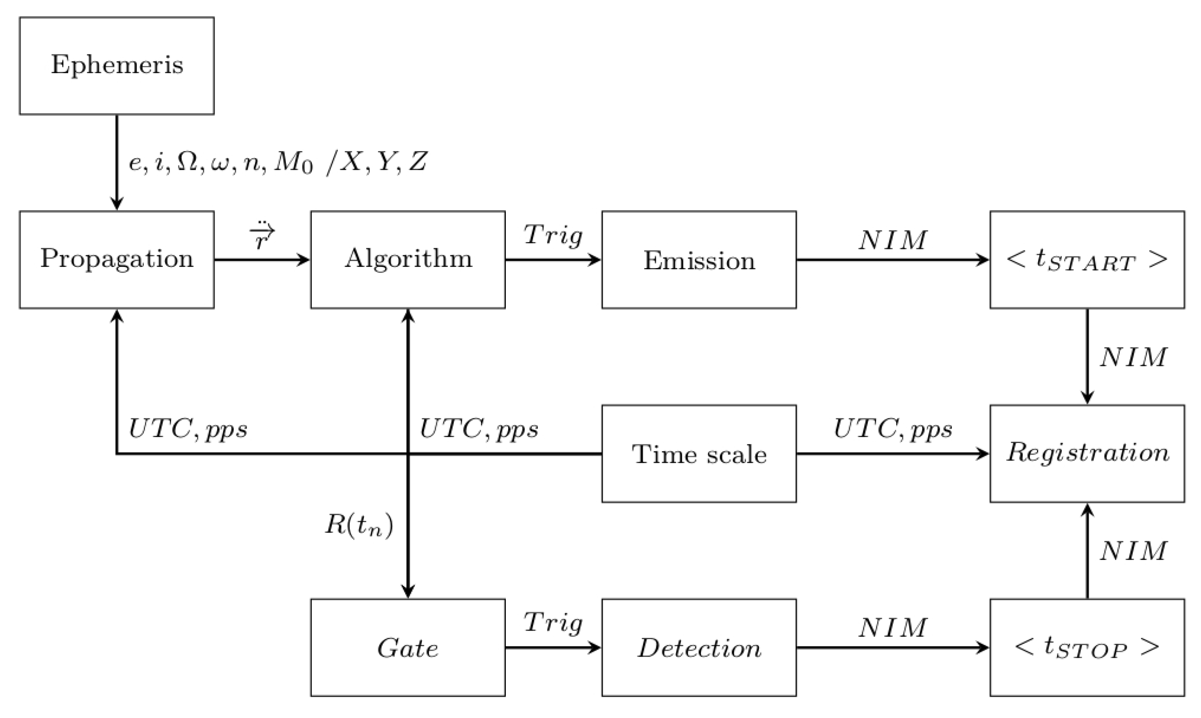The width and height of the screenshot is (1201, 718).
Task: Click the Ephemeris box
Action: point(117,66)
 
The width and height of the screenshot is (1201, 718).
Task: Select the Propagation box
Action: point(117,259)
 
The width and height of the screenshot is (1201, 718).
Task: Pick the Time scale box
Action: point(699,454)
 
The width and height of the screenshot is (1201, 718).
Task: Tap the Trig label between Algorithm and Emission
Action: point(553,235)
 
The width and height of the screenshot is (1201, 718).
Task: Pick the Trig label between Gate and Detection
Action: point(553,623)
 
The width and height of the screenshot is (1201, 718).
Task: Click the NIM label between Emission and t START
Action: point(892,240)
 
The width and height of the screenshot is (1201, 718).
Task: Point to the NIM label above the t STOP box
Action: point(1133,551)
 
